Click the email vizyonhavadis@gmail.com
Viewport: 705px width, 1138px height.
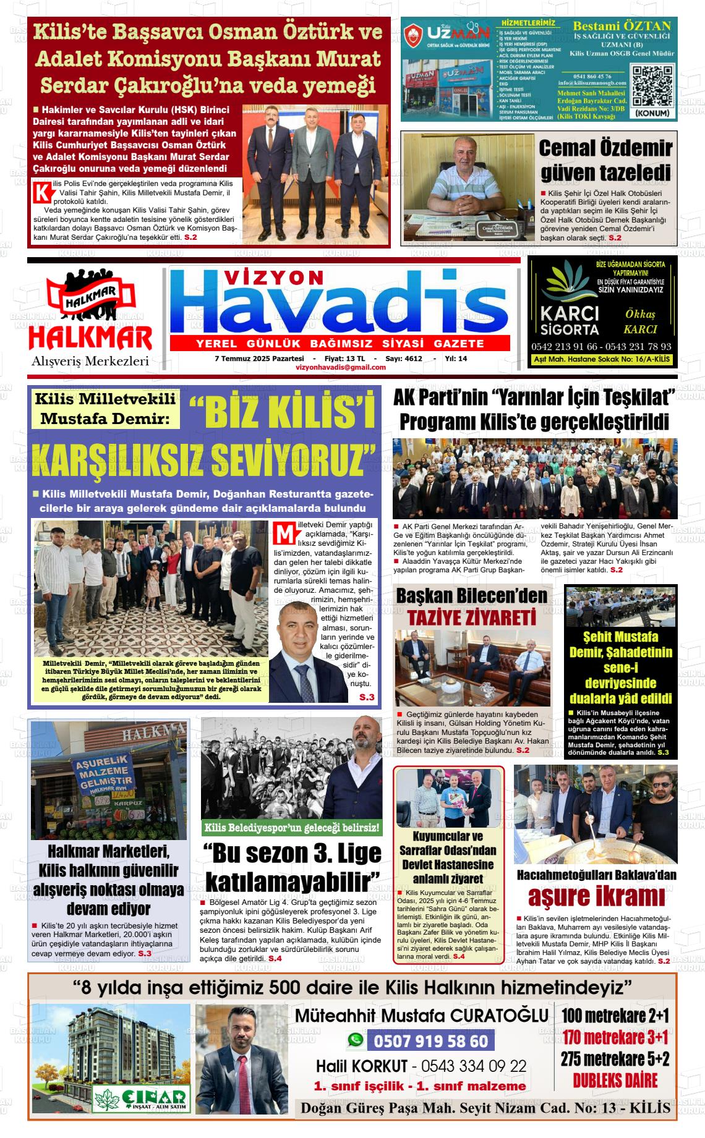click(x=341, y=367)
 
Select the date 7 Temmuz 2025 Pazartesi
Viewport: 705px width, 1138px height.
click(x=259, y=358)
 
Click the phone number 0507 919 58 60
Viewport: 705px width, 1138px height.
click(x=430, y=1042)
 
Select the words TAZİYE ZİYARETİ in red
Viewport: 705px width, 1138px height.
click(x=471, y=618)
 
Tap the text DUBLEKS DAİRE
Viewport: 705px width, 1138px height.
click(x=615, y=1081)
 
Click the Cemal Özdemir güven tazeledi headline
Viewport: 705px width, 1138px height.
click(x=605, y=159)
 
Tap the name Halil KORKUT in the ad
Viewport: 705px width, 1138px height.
click(x=361, y=1066)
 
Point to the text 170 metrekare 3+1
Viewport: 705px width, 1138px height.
click(x=615, y=1037)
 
